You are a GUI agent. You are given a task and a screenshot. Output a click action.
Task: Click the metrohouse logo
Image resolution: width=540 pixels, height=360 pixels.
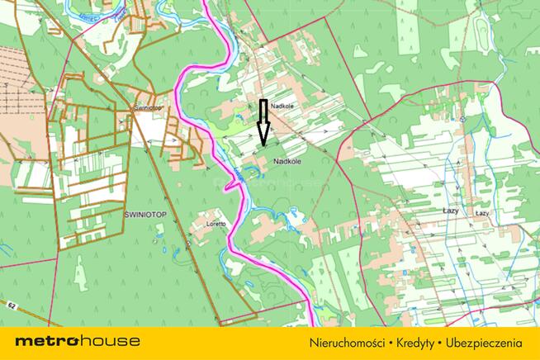point(78,341)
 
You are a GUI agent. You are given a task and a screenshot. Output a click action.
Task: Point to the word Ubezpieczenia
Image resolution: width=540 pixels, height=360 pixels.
point(486,342)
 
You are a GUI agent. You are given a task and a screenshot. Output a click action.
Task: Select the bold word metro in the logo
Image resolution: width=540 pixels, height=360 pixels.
point(46,341)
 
